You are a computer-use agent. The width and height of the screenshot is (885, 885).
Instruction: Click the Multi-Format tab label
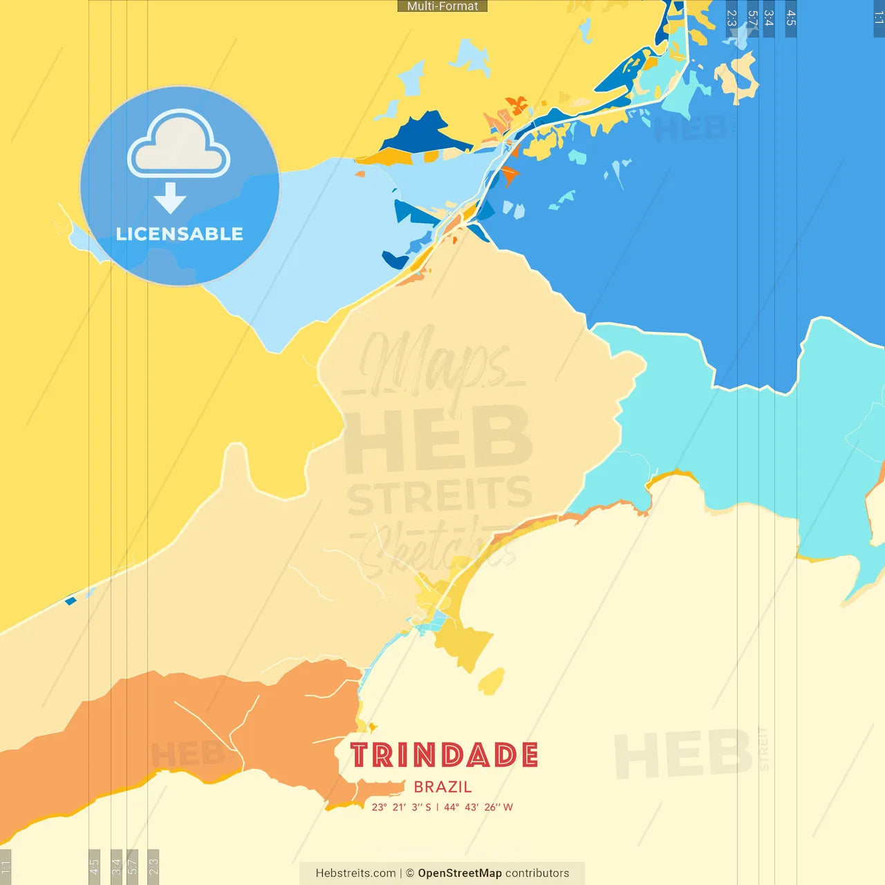(x=442, y=6)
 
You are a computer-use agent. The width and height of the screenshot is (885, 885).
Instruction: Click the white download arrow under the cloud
(x=170, y=198)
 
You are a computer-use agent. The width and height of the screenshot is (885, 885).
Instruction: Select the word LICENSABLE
(x=180, y=234)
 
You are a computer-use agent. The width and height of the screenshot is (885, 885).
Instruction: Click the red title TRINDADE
(x=444, y=755)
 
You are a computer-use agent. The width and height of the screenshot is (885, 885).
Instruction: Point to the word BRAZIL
(x=442, y=787)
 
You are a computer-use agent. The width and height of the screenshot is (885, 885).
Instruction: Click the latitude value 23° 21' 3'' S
(x=402, y=807)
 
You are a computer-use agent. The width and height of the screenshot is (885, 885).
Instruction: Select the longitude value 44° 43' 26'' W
(x=478, y=807)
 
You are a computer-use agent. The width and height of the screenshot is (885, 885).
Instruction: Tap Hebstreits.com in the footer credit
(x=355, y=873)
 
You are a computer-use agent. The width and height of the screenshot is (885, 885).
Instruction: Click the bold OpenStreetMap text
(x=460, y=873)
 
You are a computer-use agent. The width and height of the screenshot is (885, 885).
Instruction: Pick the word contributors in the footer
(x=537, y=873)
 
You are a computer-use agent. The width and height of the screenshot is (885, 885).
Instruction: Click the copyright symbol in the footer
(x=410, y=873)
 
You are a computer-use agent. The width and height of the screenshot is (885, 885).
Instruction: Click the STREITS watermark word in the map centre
(x=440, y=495)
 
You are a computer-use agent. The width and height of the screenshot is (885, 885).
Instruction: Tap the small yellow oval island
(x=492, y=682)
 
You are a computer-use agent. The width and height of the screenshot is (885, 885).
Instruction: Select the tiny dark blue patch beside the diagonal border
(x=70, y=601)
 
